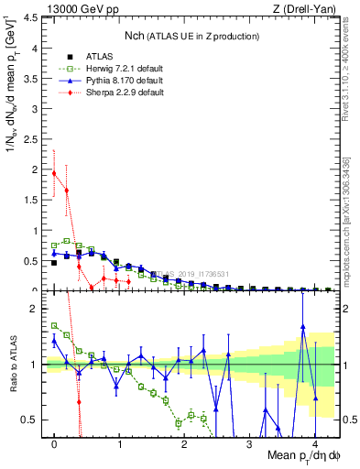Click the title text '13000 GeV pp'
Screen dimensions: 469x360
click(78, 11)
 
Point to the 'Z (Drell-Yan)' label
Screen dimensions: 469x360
click(309, 11)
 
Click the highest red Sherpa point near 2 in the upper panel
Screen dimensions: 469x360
click(54, 172)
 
